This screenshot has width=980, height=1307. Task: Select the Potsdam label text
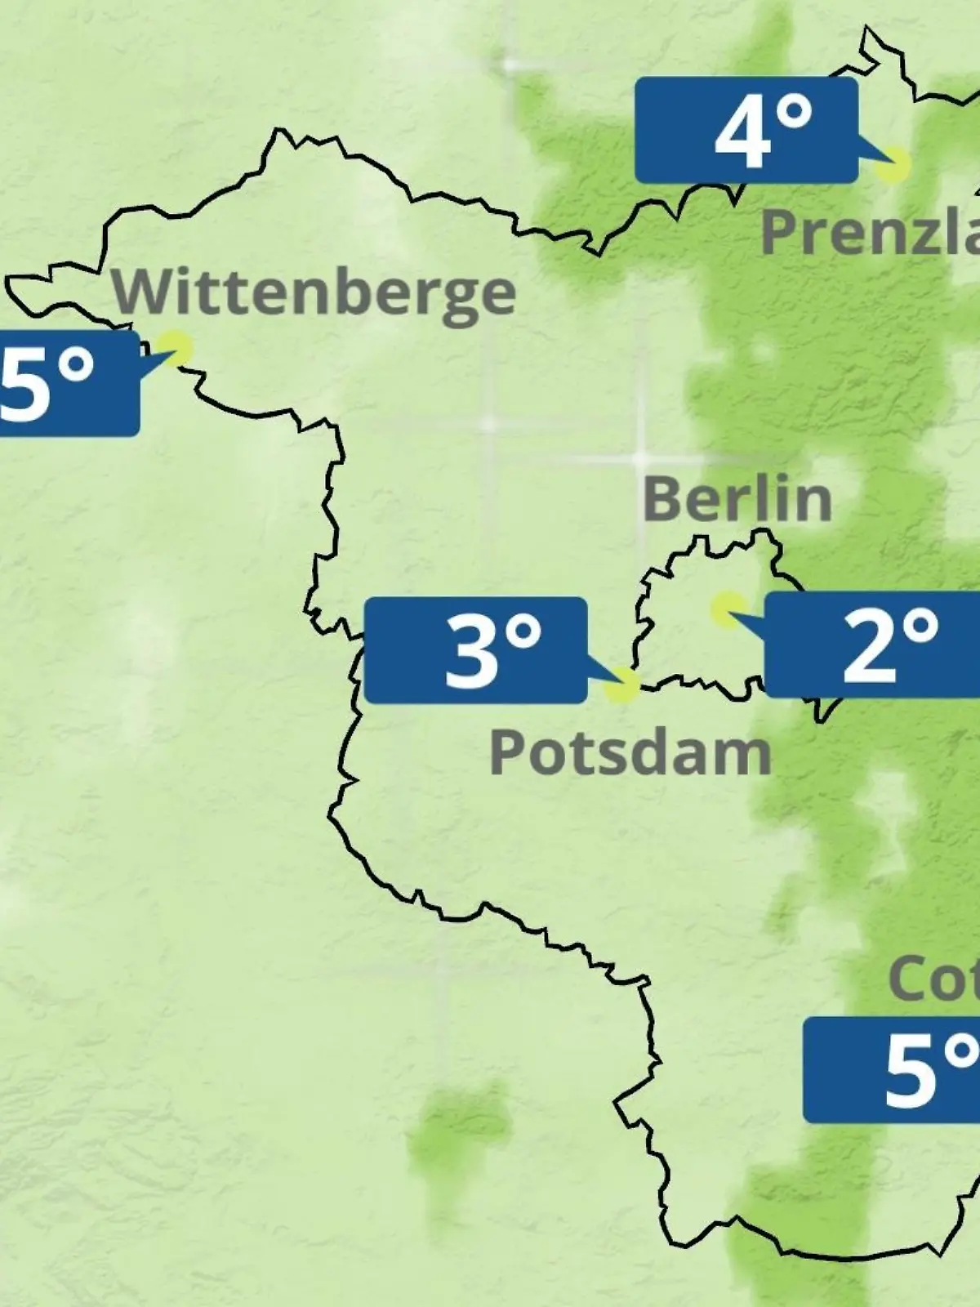pos(630,753)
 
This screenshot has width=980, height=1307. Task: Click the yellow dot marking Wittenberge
pos(175,348)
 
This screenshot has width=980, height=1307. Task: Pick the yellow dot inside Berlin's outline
pos(725,609)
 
